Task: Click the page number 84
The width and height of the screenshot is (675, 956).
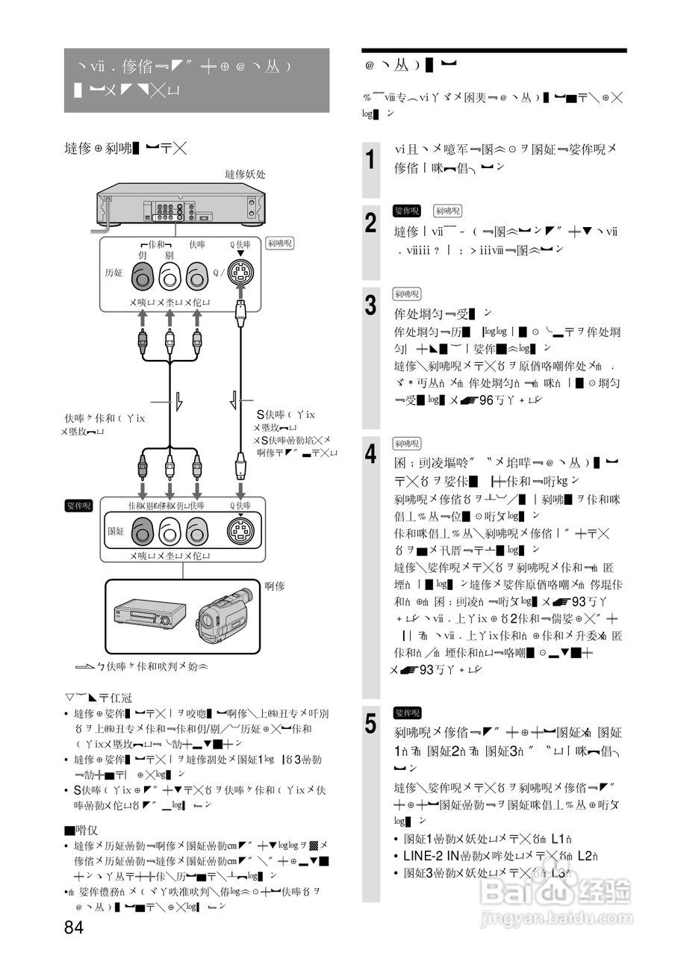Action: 73,928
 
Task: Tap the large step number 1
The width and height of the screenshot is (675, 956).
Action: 370,159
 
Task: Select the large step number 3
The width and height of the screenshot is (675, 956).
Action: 370,305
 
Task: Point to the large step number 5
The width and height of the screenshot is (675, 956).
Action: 370,723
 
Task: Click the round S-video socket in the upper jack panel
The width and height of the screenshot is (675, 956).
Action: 240,277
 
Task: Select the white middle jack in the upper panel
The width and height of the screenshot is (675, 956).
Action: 169,278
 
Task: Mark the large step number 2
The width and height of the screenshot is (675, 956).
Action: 370,223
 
